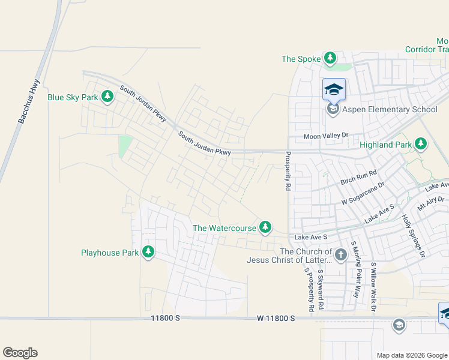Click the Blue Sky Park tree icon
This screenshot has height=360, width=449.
point(107,97)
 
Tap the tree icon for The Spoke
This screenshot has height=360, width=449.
point(330,58)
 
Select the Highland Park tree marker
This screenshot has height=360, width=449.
point(421,144)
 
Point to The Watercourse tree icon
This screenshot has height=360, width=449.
point(265,227)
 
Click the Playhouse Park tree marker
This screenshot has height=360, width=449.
point(148,253)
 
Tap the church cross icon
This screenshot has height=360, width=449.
point(340,255)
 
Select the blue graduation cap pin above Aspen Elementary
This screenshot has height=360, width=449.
point(334,91)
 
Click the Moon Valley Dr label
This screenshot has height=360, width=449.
point(326,137)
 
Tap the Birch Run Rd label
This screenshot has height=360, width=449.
point(358,176)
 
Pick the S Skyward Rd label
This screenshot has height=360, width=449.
point(321,289)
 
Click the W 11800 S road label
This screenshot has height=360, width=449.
point(276,319)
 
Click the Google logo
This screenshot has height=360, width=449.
point(20,353)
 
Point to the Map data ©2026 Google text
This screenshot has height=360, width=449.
point(411,355)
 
